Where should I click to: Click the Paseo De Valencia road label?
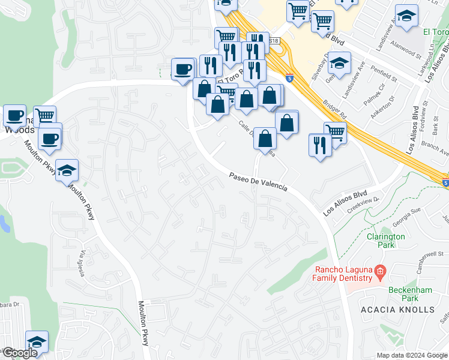click(x=258, y=181)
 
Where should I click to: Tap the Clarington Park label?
click(x=385, y=241)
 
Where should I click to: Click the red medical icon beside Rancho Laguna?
click(x=379, y=273)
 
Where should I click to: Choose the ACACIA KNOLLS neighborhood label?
click(x=397, y=310)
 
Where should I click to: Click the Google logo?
click(x=19, y=353)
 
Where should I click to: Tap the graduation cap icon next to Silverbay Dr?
click(x=339, y=64)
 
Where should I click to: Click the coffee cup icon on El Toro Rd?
click(x=182, y=68)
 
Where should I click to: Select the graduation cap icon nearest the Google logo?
click(x=37, y=341)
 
